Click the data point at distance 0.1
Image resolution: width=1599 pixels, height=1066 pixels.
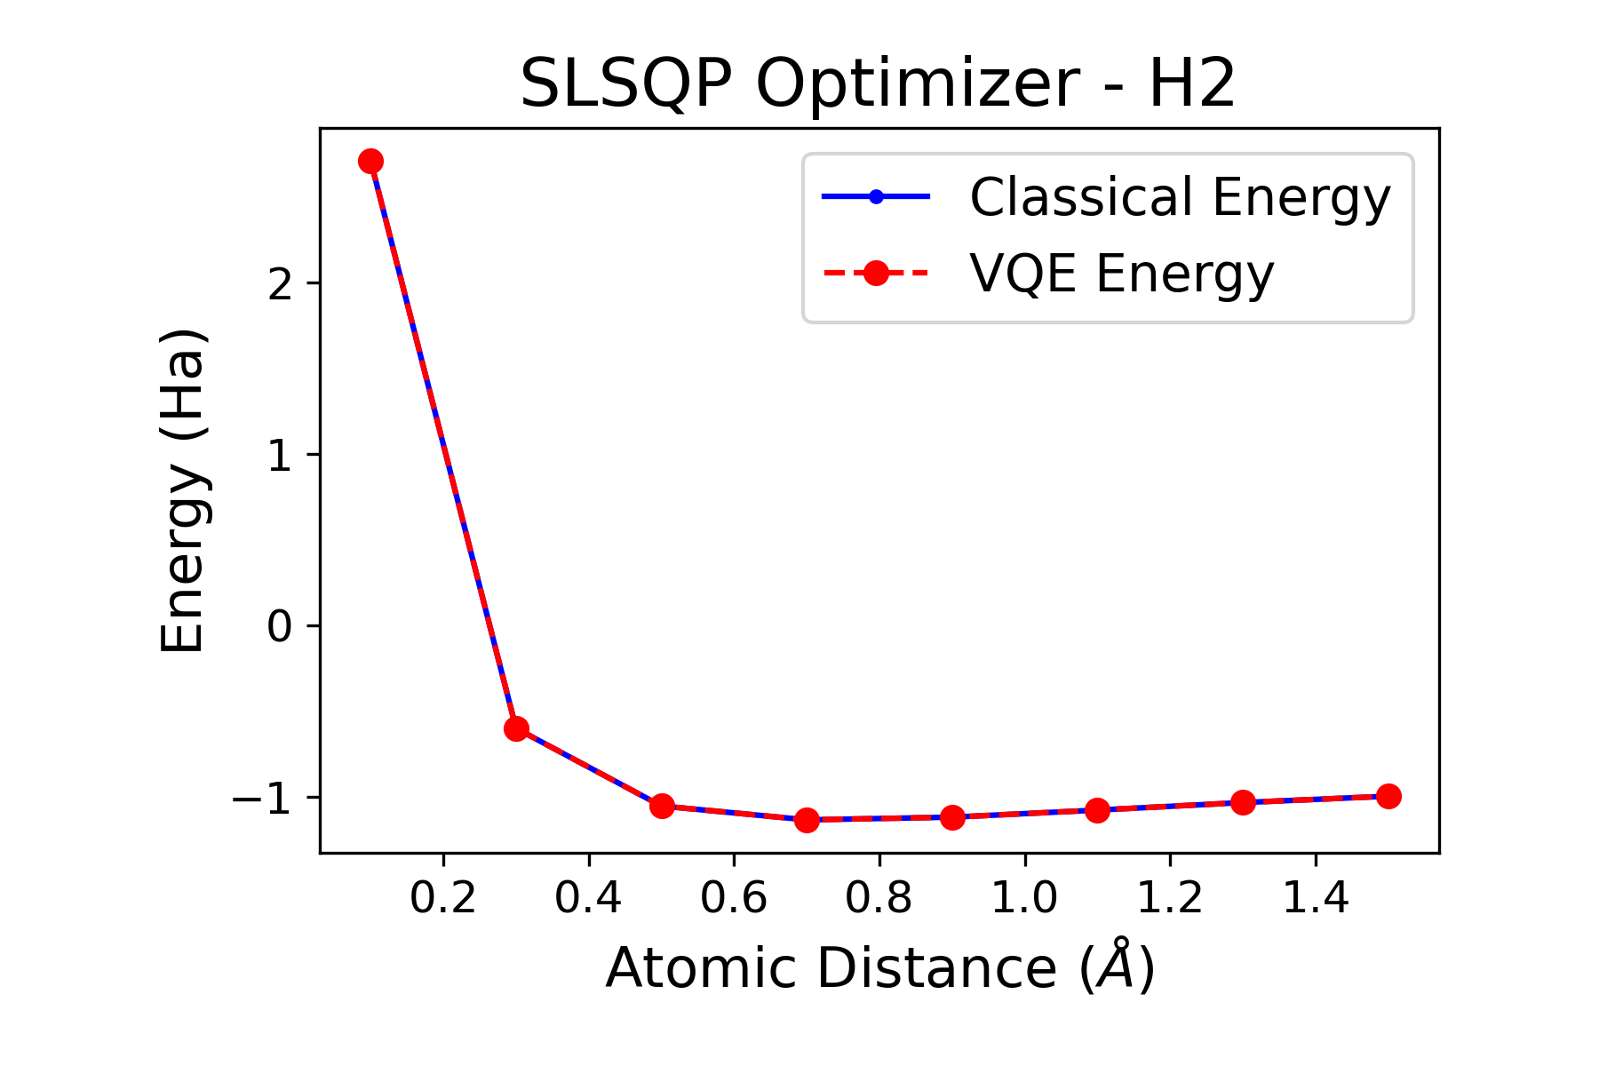point(371,161)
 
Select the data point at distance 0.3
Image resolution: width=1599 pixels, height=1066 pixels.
point(516,728)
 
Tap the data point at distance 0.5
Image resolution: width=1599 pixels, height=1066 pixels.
point(662,806)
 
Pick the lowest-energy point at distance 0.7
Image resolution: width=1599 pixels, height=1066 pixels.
point(807,820)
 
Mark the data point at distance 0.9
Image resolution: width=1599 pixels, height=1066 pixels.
point(952,817)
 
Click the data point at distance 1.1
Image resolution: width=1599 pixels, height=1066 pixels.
point(1098,810)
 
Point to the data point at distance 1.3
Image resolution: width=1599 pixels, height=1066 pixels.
point(1243,802)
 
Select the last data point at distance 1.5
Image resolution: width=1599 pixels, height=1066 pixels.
point(1388,796)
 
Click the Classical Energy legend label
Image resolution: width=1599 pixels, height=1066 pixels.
point(1180,197)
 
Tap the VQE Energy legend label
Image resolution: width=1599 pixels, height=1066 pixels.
point(1122,274)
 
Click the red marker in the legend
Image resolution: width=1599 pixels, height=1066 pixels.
point(876,274)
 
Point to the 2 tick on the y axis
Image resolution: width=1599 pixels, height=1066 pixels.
point(280,284)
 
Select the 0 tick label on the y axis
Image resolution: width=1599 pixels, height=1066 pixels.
point(280,627)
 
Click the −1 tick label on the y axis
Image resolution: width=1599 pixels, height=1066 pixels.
point(263,799)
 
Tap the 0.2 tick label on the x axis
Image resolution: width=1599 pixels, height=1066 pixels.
point(442,899)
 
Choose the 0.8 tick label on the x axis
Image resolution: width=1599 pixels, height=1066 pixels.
point(879,899)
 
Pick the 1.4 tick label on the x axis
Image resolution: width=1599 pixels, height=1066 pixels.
point(1315,899)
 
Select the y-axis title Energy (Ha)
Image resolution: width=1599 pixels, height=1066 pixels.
point(184,490)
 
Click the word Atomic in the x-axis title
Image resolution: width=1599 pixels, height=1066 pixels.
point(699,967)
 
